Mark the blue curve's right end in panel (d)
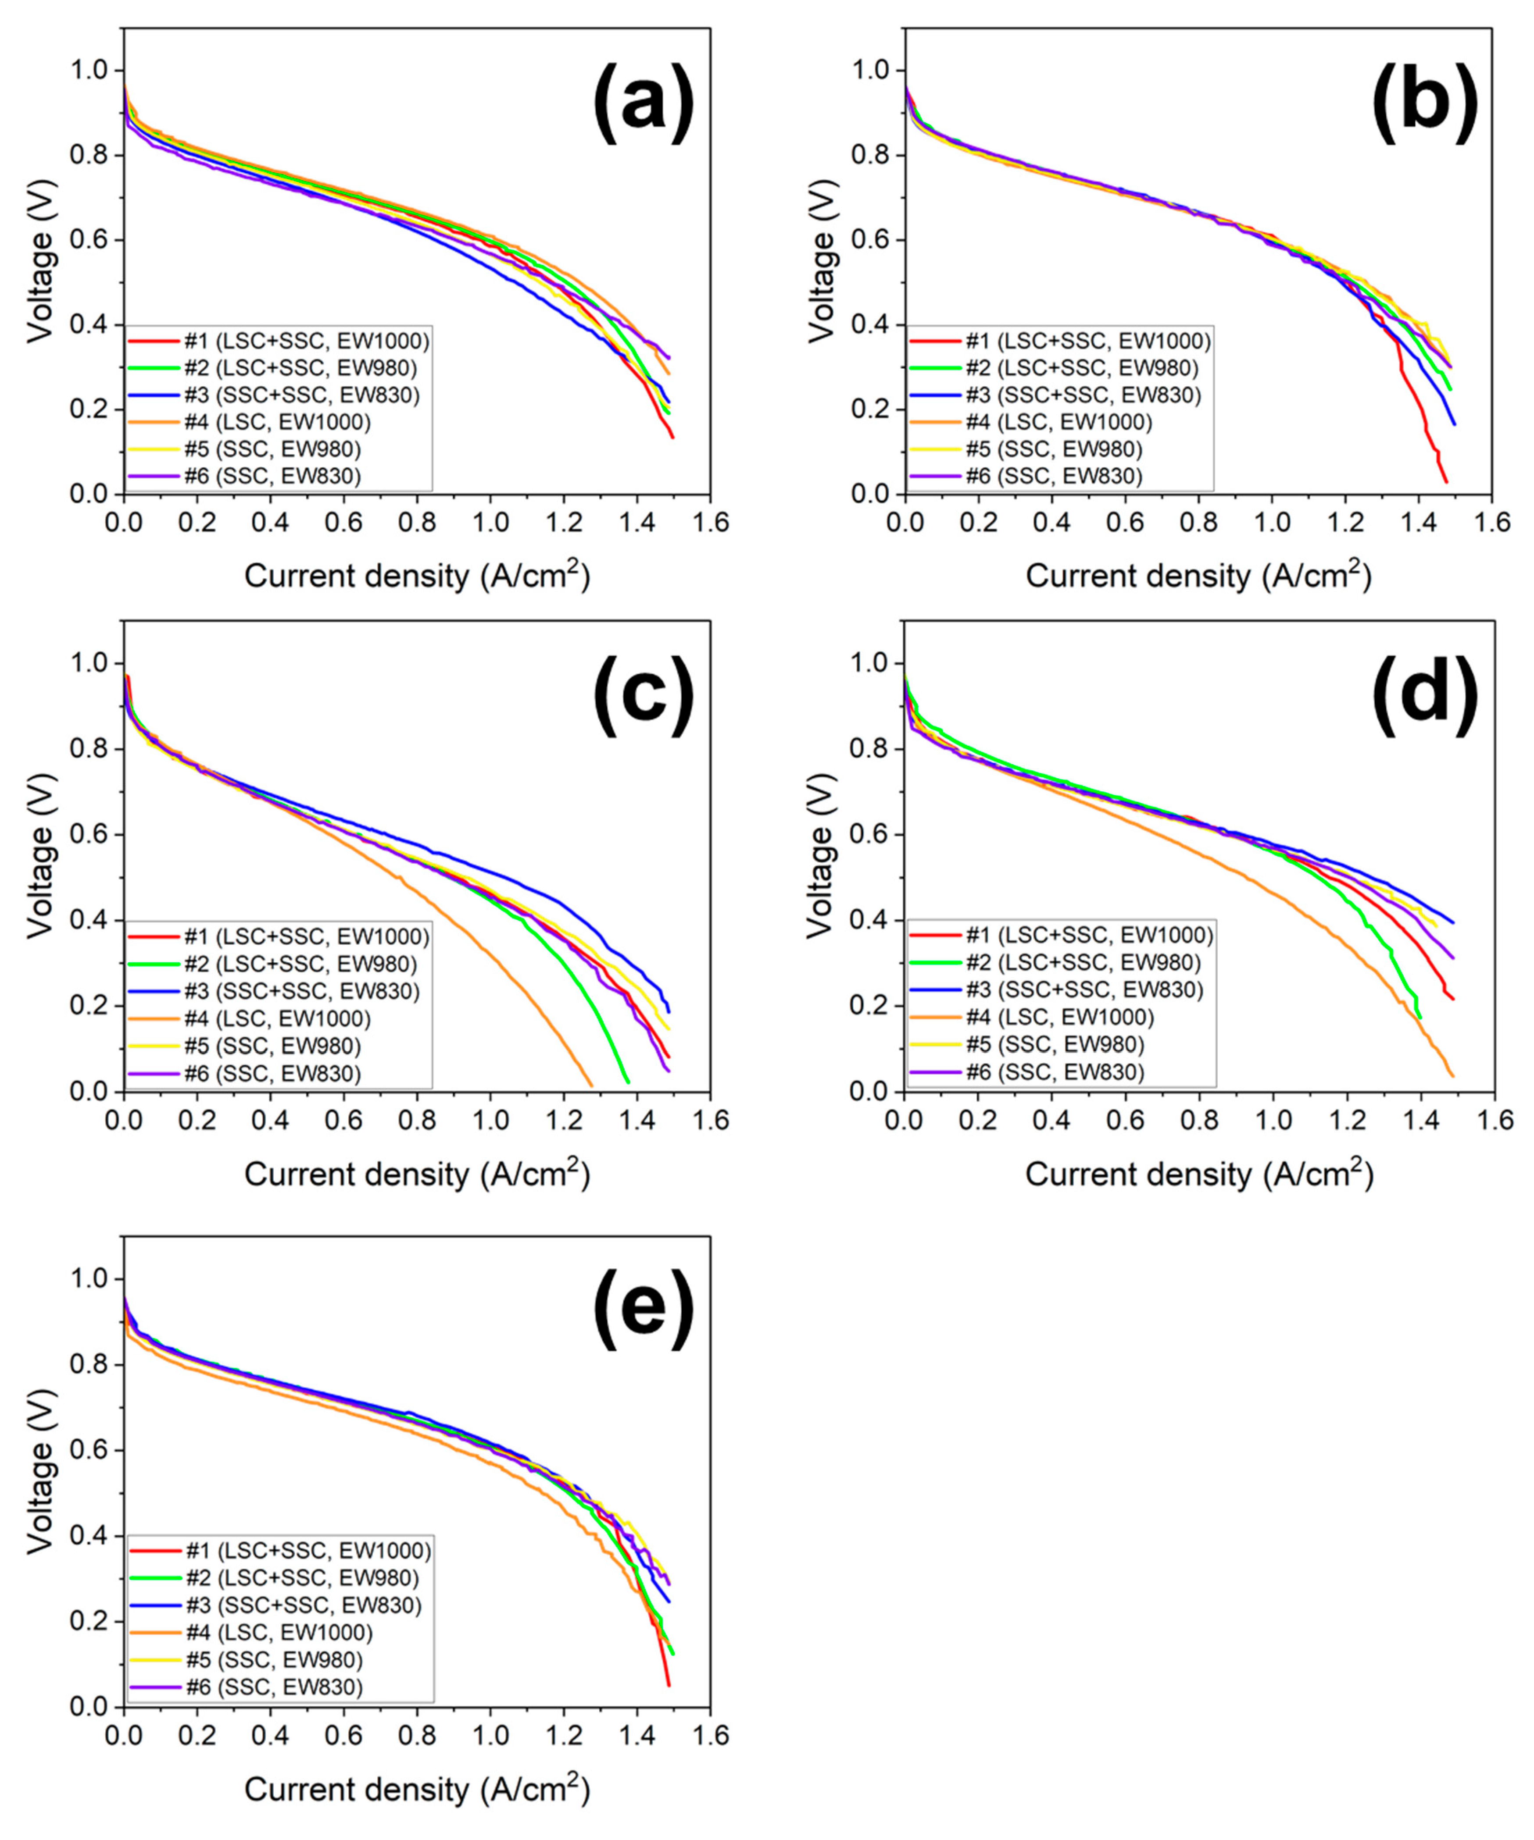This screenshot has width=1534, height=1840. click(x=1452, y=922)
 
